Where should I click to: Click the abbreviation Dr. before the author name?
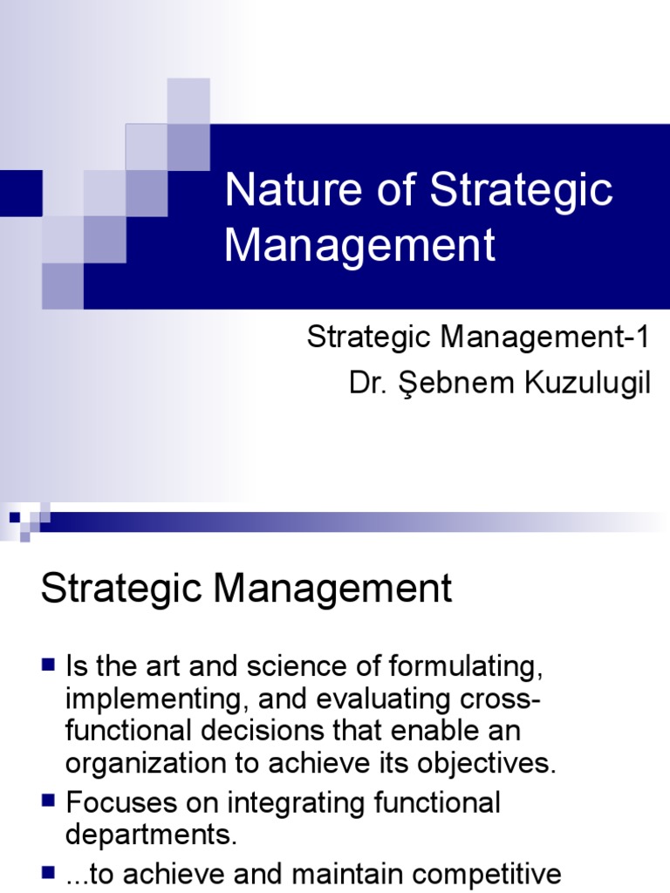(366, 384)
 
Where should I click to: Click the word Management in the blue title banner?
(359, 246)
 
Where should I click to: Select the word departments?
(150, 834)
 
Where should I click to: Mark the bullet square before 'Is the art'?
(49, 667)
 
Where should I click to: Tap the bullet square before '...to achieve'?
(49, 872)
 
